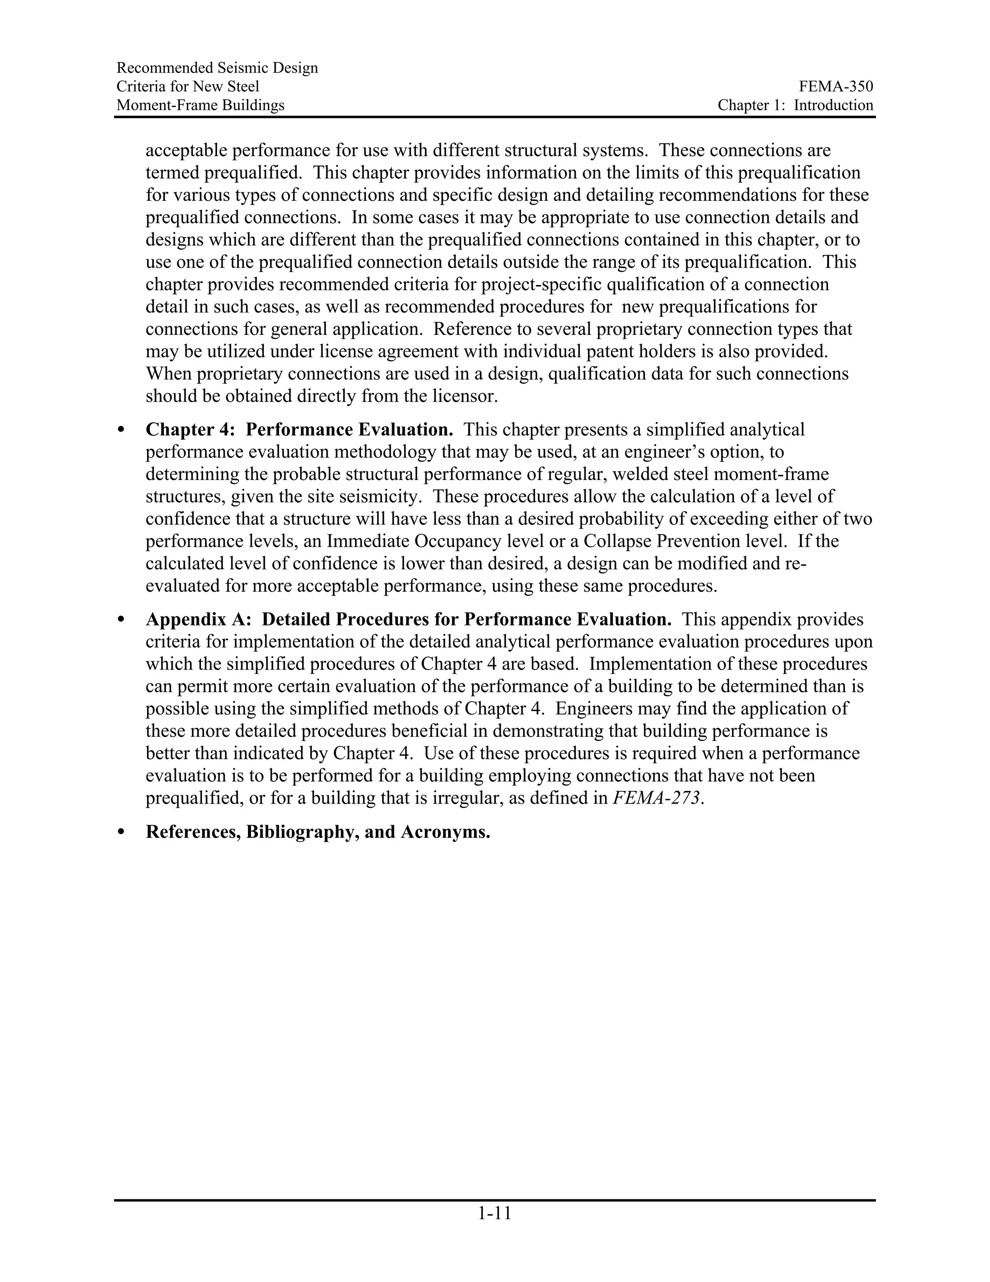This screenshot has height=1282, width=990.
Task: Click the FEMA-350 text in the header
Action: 836,87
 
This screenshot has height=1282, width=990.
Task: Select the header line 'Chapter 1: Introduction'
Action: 795,105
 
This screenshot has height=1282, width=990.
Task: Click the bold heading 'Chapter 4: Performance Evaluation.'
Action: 299,430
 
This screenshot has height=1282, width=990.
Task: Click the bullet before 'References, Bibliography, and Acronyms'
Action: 121,833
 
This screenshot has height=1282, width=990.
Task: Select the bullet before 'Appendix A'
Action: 121,620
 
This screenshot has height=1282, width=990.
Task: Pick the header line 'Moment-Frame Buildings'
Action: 200,105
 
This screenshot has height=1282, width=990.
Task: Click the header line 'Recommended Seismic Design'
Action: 217,68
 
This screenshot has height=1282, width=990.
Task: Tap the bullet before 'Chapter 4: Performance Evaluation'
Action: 121,430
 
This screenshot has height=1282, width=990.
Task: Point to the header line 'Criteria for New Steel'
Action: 188,87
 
